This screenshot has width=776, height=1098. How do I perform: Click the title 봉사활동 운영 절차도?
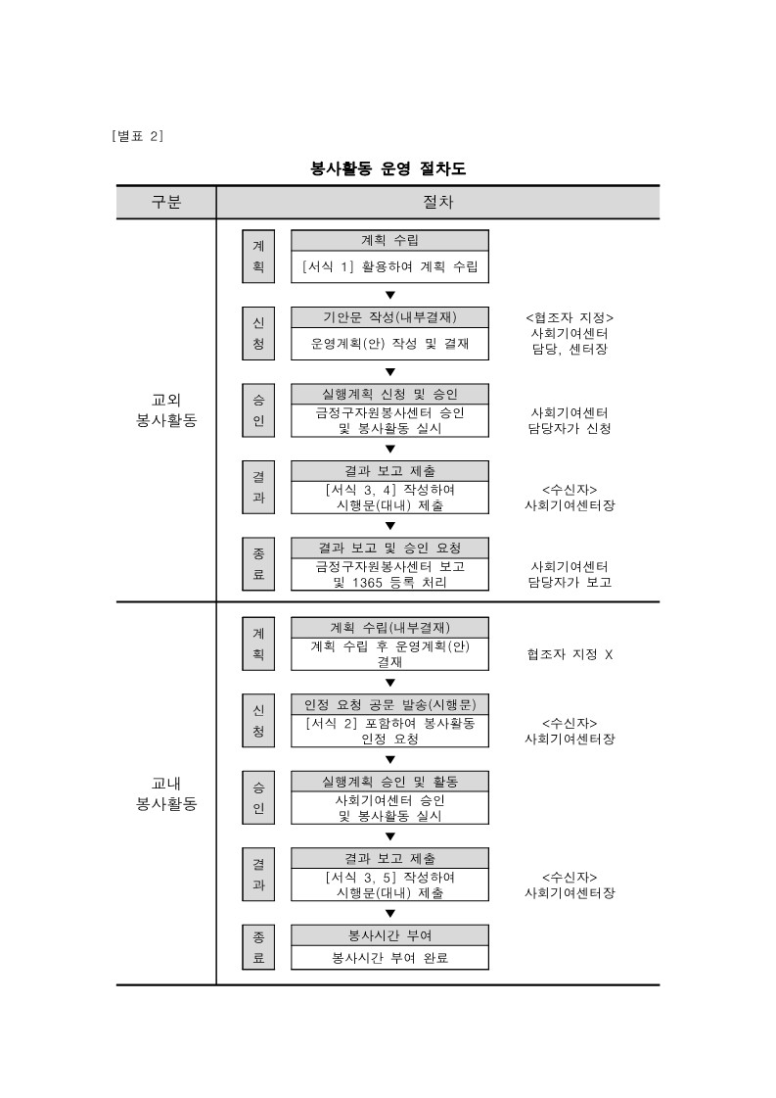[x=388, y=168]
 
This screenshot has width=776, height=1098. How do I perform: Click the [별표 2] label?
[x=138, y=135]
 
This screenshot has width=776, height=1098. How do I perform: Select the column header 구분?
[x=165, y=203]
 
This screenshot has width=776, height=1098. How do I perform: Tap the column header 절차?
[x=437, y=203]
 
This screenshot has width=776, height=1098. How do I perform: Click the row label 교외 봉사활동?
[x=165, y=409]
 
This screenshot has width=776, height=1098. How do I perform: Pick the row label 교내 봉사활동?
[x=165, y=793]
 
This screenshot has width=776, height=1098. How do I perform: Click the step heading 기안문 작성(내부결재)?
[x=389, y=317]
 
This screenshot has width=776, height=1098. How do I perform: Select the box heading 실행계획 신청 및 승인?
[x=389, y=394]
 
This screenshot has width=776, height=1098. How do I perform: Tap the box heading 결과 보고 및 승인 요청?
[x=389, y=547]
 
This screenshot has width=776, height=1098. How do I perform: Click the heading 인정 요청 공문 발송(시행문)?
[x=389, y=705]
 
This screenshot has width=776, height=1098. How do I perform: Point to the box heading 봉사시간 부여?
[x=389, y=935]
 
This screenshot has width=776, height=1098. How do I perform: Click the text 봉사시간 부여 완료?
[x=389, y=957]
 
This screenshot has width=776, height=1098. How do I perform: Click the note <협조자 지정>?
[x=570, y=317]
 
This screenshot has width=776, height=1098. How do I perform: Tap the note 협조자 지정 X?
[x=570, y=653]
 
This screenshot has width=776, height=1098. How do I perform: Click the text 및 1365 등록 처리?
[x=389, y=582]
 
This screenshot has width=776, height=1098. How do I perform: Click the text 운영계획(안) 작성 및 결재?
[x=389, y=343]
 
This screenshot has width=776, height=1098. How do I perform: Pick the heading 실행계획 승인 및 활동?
[x=389, y=782]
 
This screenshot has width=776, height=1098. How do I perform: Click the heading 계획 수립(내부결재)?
[x=389, y=628]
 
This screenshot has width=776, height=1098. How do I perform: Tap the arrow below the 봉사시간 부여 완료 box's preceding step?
[x=389, y=914]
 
